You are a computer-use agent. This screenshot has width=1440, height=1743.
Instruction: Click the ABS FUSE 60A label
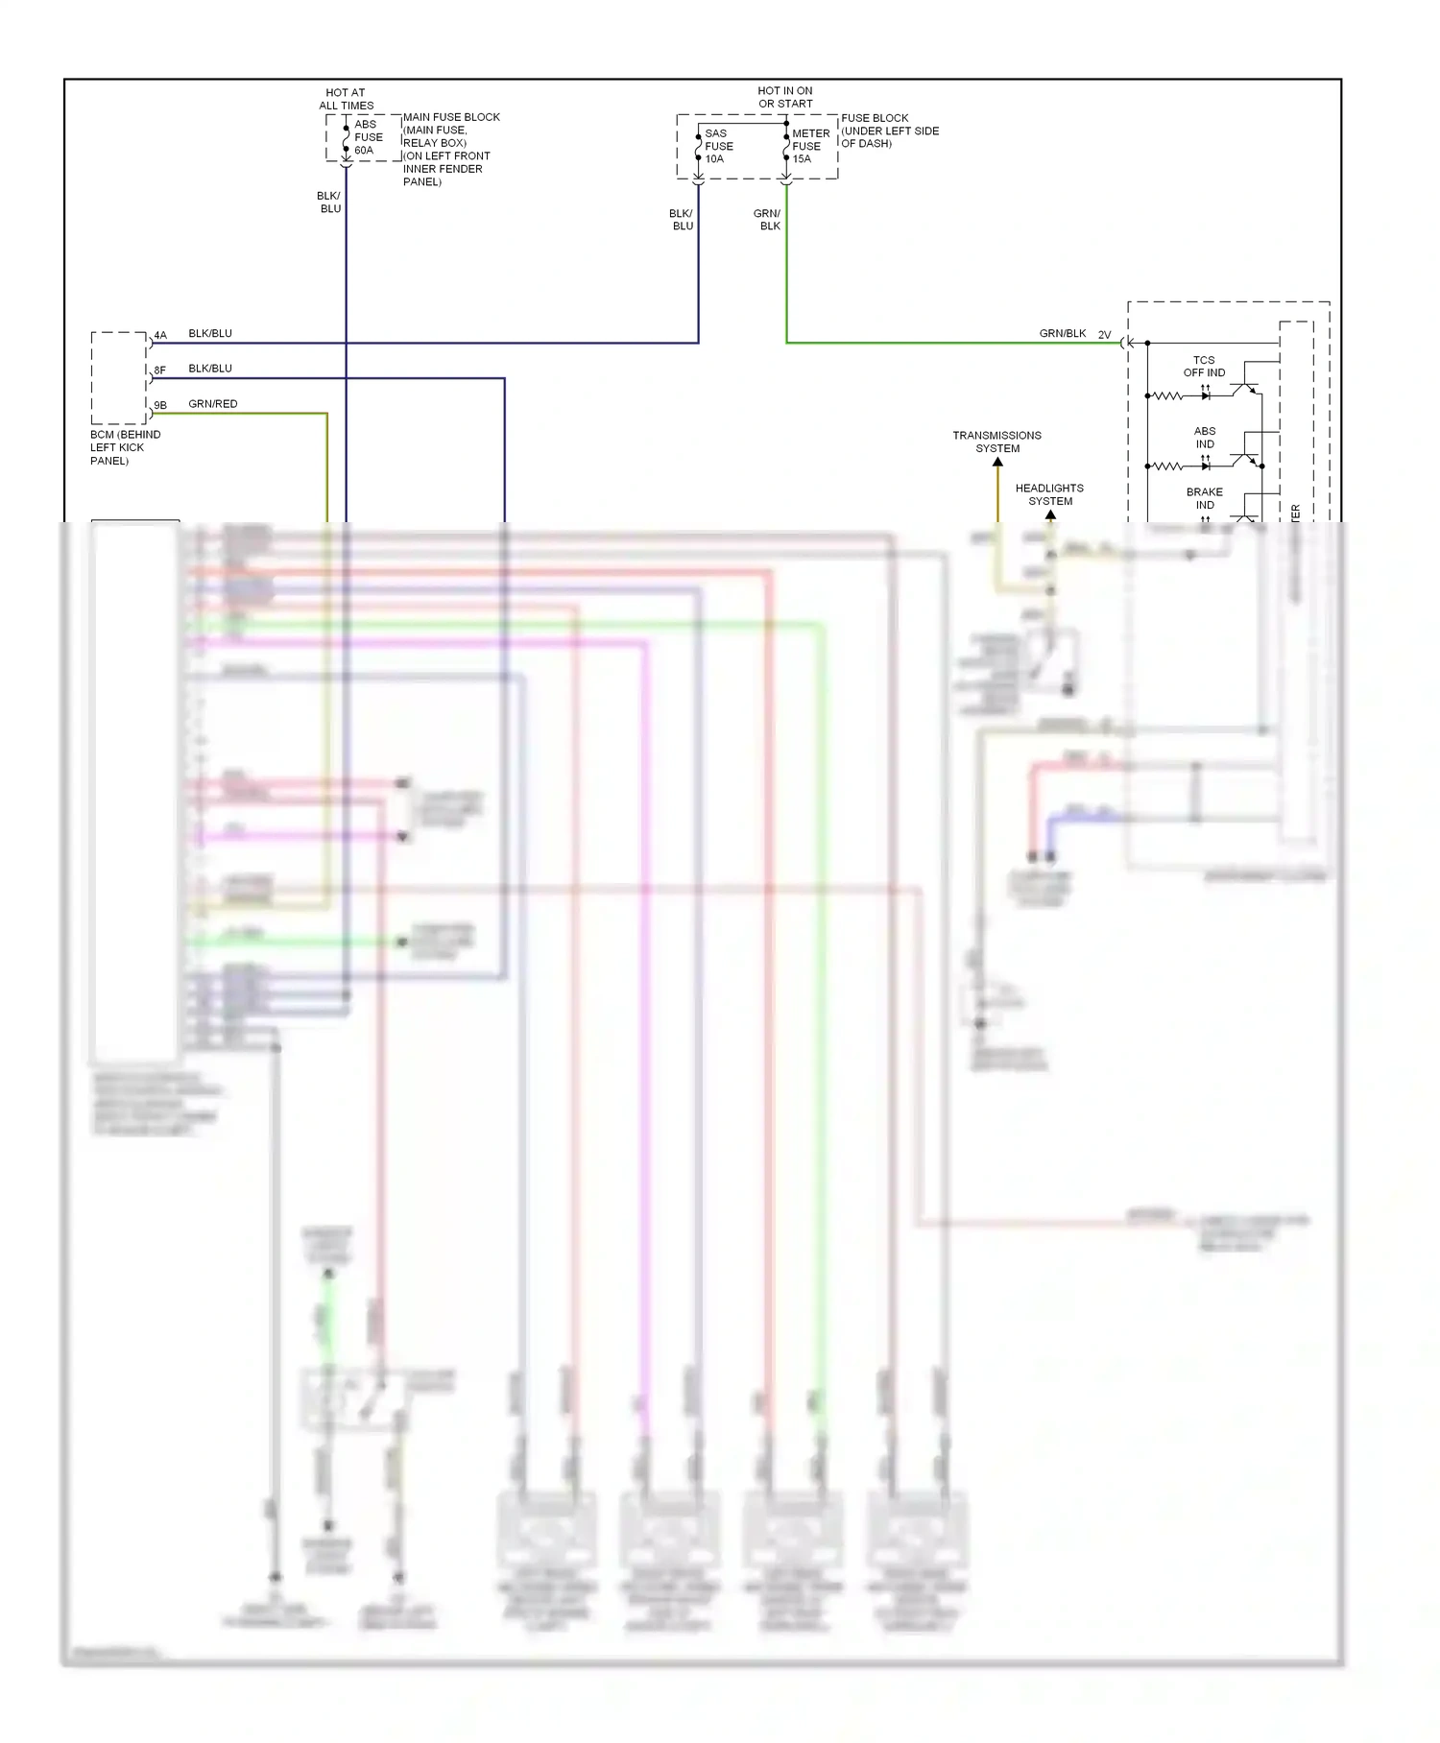[368, 137]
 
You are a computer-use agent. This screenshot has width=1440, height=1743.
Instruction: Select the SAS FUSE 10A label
[718, 146]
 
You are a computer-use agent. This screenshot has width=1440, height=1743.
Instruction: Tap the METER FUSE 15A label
[809, 146]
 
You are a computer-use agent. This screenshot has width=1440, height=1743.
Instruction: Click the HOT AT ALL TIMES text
[347, 99]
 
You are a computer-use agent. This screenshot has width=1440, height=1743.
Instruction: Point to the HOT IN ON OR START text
[785, 97]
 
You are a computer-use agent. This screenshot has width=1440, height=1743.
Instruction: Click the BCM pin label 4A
[160, 335]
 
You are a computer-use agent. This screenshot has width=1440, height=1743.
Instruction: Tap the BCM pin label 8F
[160, 370]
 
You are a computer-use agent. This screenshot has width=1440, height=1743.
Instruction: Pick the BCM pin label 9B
[160, 405]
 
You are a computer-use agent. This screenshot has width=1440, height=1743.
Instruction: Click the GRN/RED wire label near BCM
[212, 404]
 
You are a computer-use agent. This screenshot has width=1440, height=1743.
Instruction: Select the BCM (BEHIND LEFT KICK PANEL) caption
[125, 447]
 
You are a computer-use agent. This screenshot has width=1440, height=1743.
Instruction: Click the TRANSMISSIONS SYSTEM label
[996, 442]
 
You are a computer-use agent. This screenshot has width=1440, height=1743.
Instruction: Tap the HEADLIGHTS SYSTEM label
[1049, 494]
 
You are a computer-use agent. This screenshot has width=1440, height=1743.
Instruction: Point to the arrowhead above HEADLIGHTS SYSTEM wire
[1050, 515]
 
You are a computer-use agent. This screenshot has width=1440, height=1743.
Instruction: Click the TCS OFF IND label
[1204, 367]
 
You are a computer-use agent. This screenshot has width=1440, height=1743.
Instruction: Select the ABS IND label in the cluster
[1205, 438]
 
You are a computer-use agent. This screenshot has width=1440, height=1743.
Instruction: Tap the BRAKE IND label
[1205, 498]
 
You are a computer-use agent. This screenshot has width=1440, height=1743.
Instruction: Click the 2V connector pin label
[1104, 335]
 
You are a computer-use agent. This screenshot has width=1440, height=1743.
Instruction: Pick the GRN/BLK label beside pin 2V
[1062, 334]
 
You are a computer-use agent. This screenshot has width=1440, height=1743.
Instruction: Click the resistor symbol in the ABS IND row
[1167, 466]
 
